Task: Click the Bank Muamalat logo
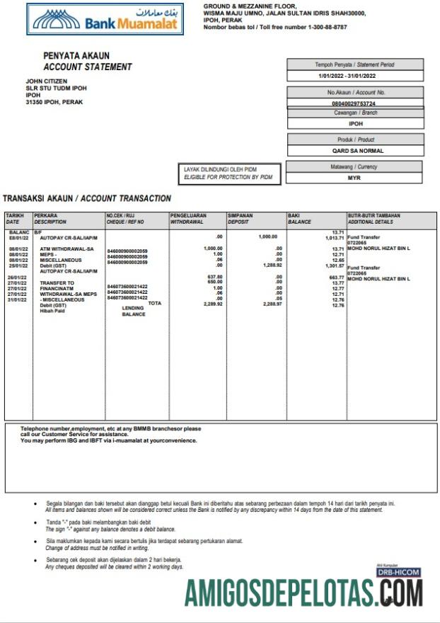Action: click(105, 19)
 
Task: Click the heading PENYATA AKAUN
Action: click(76, 56)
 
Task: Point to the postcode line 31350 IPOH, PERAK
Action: click(54, 102)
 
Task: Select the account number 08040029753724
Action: click(354, 103)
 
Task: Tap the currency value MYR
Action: click(354, 178)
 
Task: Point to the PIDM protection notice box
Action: click(229, 173)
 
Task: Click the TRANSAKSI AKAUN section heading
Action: click(87, 199)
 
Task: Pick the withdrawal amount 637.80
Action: click(214, 276)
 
